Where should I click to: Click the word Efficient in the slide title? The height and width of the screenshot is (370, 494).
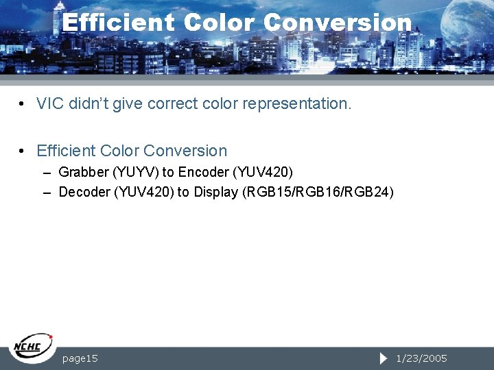coord(118,23)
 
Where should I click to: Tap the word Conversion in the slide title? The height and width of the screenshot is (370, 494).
coord(337,23)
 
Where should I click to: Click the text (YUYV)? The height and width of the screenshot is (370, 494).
coord(135,171)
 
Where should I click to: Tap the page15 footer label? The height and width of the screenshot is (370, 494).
coord(80,358)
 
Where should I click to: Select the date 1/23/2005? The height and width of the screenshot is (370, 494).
coord(421,358)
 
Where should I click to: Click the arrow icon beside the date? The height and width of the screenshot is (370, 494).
coord(384,358)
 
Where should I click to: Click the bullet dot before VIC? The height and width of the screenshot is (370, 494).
coord(23,104)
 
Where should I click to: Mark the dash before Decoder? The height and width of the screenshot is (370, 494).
coord(47,193)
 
